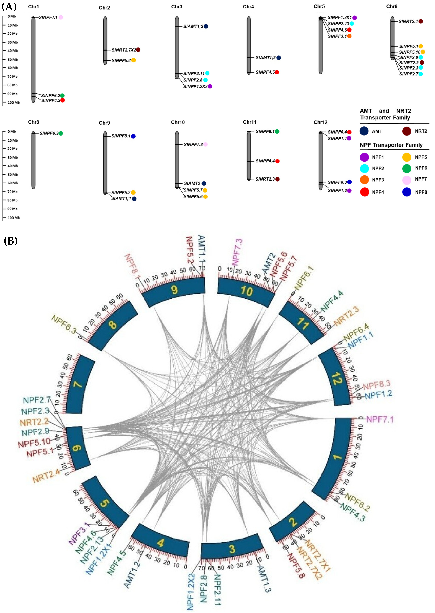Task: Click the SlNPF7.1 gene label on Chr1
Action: [x=48, y=17]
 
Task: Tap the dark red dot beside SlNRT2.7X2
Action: [x=138, y=50]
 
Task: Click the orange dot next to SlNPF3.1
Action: [x=349, y=36]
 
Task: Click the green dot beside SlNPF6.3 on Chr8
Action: [x=61, y=133]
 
